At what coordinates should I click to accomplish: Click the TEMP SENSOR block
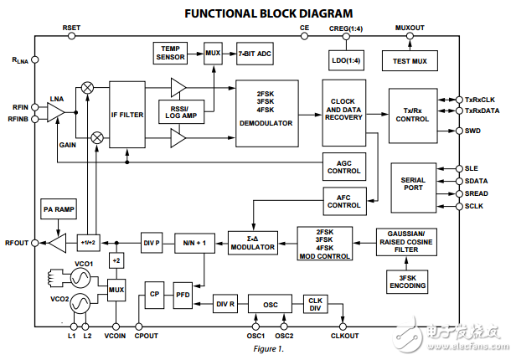tap(173, 54)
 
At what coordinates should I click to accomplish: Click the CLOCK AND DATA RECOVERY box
tap(343, 110)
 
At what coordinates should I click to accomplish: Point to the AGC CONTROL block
tap(343, 167)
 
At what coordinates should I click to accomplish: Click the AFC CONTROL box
tap(343, 200)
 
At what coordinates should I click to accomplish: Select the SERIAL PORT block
tap(413, 189)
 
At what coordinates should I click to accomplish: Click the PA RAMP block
tap(59, 210)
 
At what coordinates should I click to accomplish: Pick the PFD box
tap(183, 295)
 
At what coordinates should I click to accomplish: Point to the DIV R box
tap(226, 304)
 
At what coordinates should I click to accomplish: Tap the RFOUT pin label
tap(17, 242)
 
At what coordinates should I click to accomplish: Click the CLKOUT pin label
tap(344, 337)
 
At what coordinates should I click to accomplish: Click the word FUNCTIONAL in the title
tap(213, 13)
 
